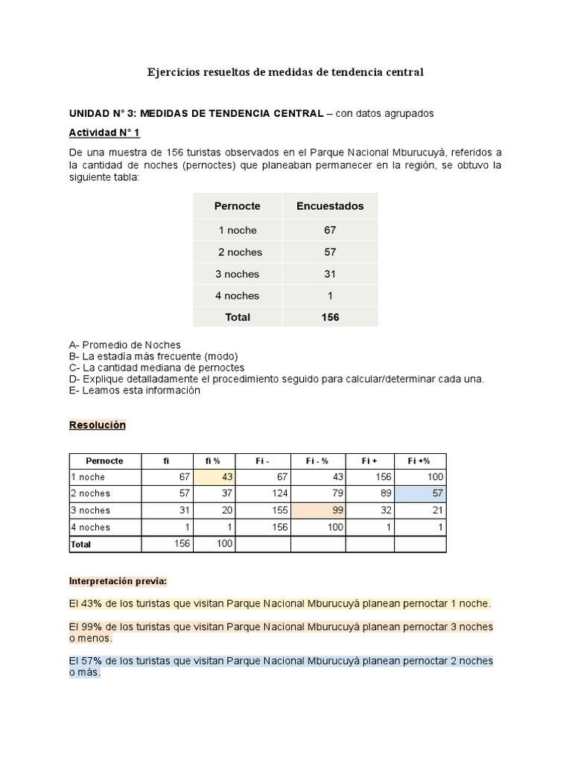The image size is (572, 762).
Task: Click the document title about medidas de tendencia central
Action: coord(285,72)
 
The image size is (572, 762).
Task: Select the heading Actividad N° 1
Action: coord(104,132)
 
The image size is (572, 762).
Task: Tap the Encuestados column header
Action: coord(330,206)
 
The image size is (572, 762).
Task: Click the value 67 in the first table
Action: coord(330,230)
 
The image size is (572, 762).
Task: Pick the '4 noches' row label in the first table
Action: coord(238,295)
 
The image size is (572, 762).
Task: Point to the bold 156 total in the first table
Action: coord(330,317)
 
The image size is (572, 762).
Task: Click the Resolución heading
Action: coord(98,425)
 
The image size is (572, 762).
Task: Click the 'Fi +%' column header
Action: coord(420,461)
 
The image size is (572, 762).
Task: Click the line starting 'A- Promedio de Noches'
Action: coord(124,345)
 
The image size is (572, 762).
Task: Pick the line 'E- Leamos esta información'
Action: coord(134,390)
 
